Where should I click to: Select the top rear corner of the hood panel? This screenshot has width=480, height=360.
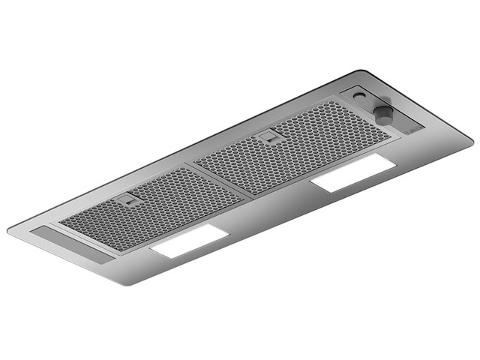point(358,71)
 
